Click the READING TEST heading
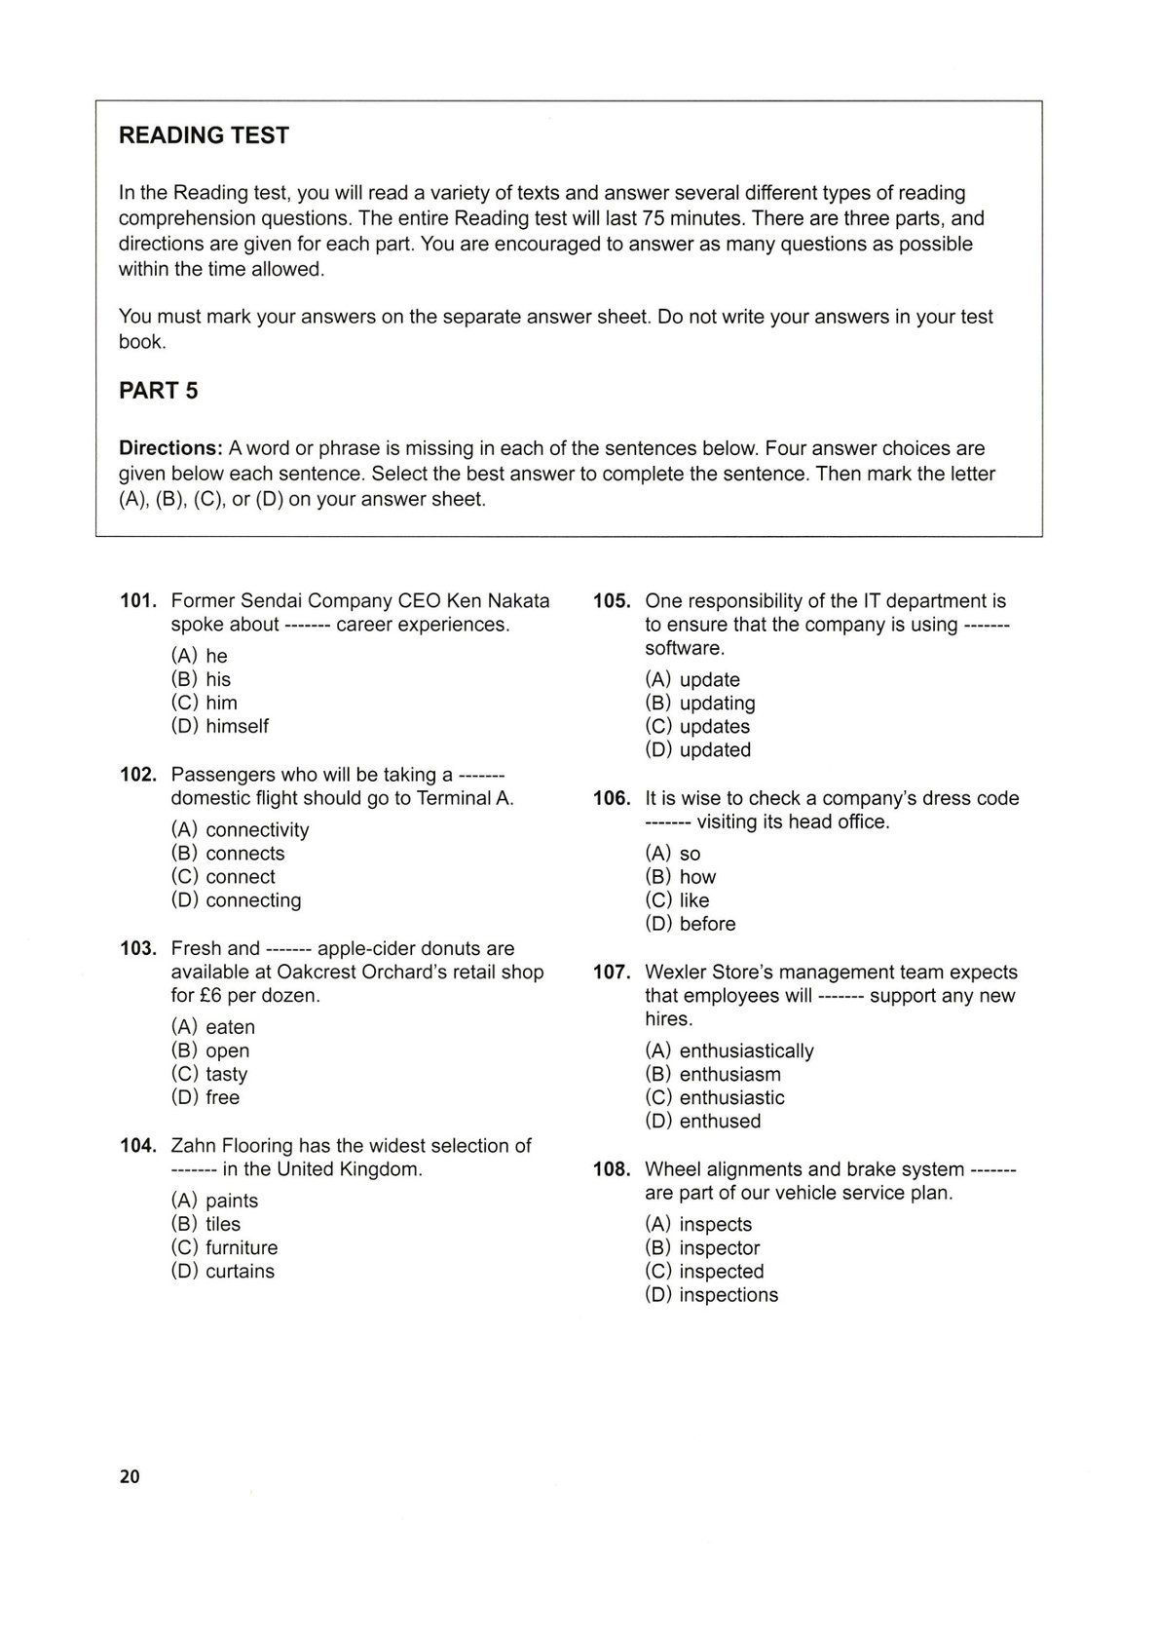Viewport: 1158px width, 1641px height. [204, 135]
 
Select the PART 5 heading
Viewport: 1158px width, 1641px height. [158, 391]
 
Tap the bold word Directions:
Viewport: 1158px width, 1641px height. [170, 448]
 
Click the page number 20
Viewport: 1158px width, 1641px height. [130, 1476]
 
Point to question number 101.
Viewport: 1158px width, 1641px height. [138, 601]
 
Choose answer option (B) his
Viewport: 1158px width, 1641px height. [201, 679]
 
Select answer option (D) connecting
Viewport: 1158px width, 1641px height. [236, 900]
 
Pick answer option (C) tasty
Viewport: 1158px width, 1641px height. [209, 1074]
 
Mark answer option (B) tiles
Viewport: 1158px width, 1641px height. [205, 1224]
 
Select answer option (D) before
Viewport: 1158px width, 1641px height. [691, 924]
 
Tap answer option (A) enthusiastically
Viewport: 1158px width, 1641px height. [728, 1050]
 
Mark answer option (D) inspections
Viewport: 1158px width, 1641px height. [711, 1295]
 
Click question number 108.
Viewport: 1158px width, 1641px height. [612, 1169]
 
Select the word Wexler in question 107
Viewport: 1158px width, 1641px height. [676, 973]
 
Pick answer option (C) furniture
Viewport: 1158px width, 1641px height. [224, 1247]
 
